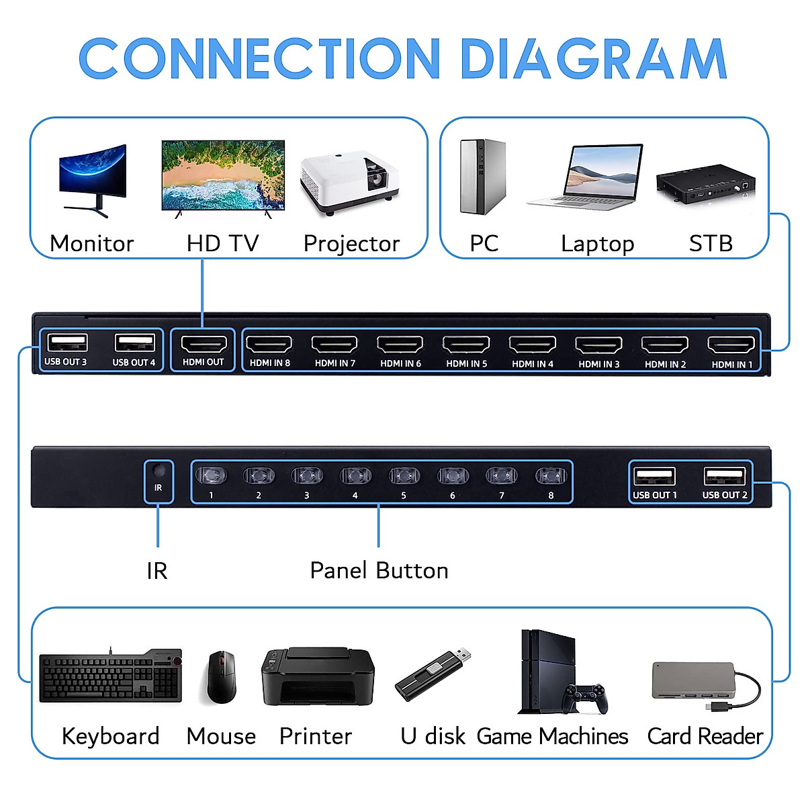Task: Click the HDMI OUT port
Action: [x=203, y=345]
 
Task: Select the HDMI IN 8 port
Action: [x=269, y=345]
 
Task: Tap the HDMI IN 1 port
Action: [x=731, y=345]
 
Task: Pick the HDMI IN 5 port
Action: [x=466, y=345]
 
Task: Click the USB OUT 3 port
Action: [x=66, y=343]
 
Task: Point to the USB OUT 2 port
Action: [x=725, y=476]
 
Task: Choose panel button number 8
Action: [x=551, y=476]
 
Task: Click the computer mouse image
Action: [x=221, y=676]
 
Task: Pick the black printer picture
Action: [x=317, y=676]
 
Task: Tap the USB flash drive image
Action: [x=433, y=674]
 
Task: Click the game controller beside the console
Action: [x=584, y=698]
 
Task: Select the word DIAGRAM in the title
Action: [x=593, y=58]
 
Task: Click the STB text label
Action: [x=710, y=243]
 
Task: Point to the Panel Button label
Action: [x=379, y=570]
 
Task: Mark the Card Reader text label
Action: [x=705, y=736]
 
